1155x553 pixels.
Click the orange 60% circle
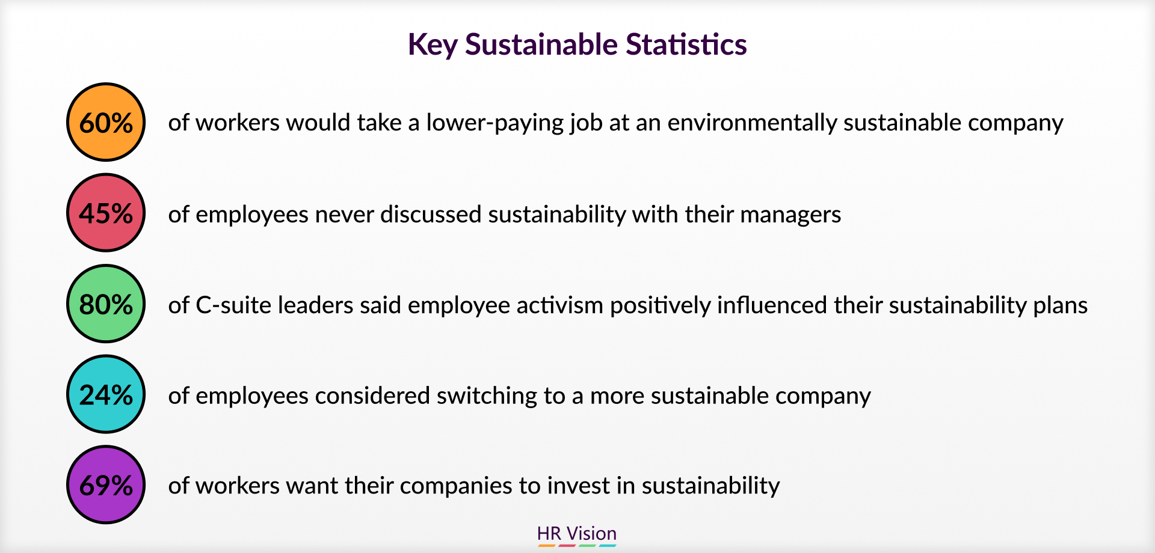(106, 122)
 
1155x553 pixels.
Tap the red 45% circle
(106, 213)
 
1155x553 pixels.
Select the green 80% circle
(106, 304)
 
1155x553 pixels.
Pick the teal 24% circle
(106, 394)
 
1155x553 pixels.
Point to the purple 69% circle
(106, 484)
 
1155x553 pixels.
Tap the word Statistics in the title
(686, 44)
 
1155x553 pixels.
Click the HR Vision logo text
(577, 533)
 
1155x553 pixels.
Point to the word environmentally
(752, 123)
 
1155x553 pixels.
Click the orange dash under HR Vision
(546, 546)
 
